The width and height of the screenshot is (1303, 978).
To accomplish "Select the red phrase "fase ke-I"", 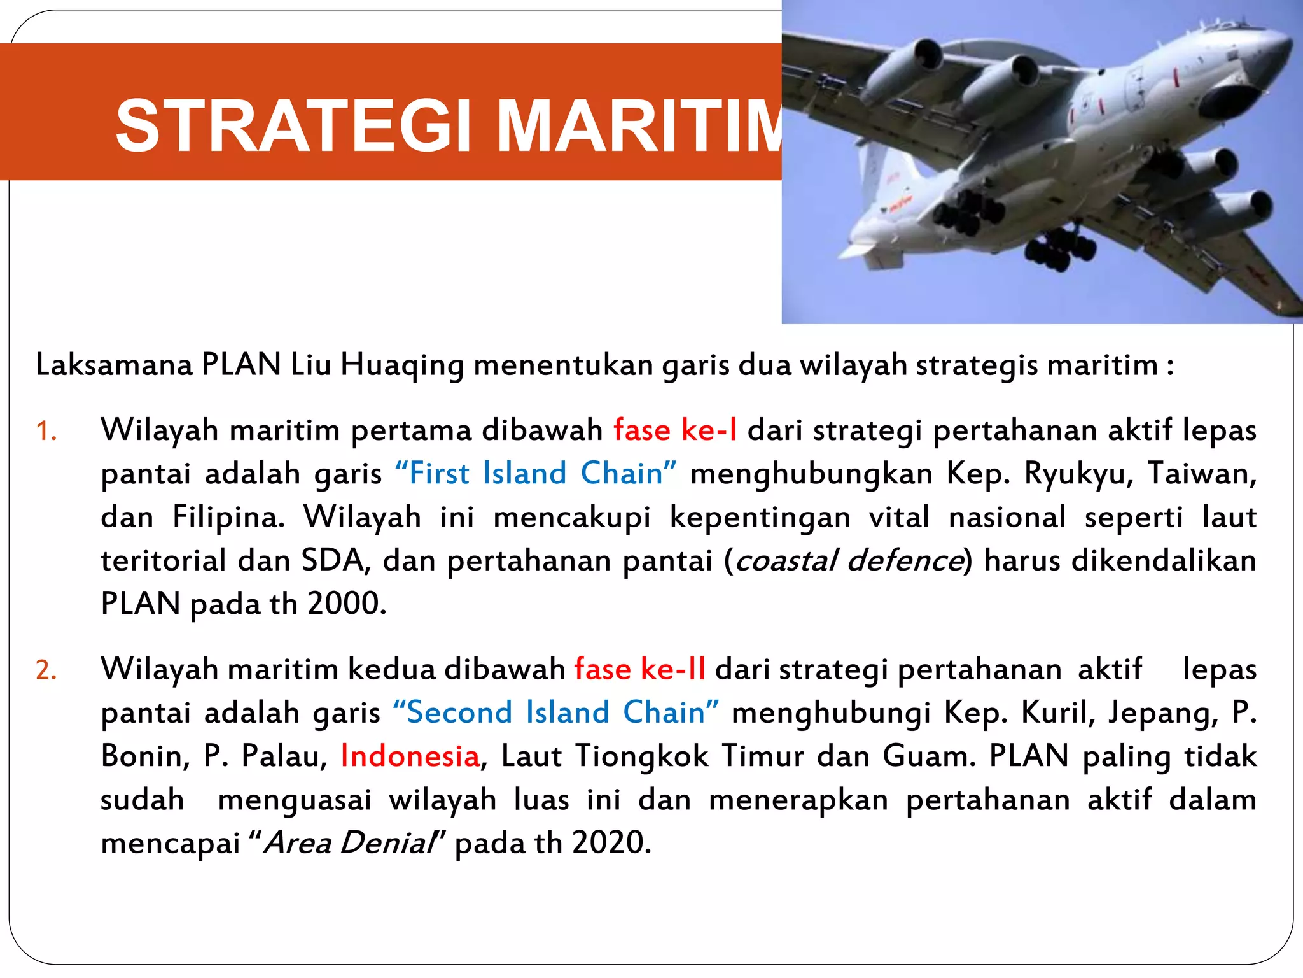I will click(x=675, y=430).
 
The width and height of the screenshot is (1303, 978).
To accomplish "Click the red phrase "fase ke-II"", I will click(x=639, y=669).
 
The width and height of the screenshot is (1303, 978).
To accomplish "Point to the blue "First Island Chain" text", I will click(x=536, y=474).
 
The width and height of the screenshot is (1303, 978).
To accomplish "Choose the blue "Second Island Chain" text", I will click(x=555, y=712).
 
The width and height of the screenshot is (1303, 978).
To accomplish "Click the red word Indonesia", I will click(x=410, y=756).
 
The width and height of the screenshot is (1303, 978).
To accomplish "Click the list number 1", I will click(x=46, y=432).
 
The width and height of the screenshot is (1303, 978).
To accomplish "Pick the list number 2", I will click(x=46, y=670).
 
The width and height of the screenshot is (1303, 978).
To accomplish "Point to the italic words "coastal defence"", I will click(x=848, y=561).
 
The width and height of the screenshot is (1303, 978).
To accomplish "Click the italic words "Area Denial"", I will click(x=349, y=843).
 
